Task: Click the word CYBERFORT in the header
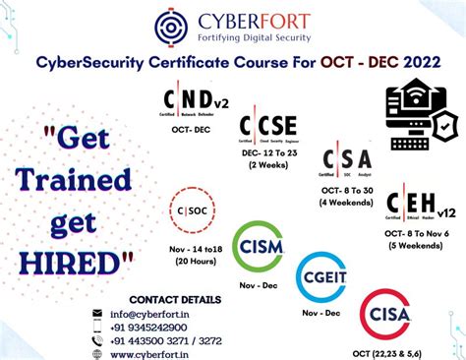(x=249, y=20)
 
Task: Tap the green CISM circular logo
(x=257, y=246)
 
